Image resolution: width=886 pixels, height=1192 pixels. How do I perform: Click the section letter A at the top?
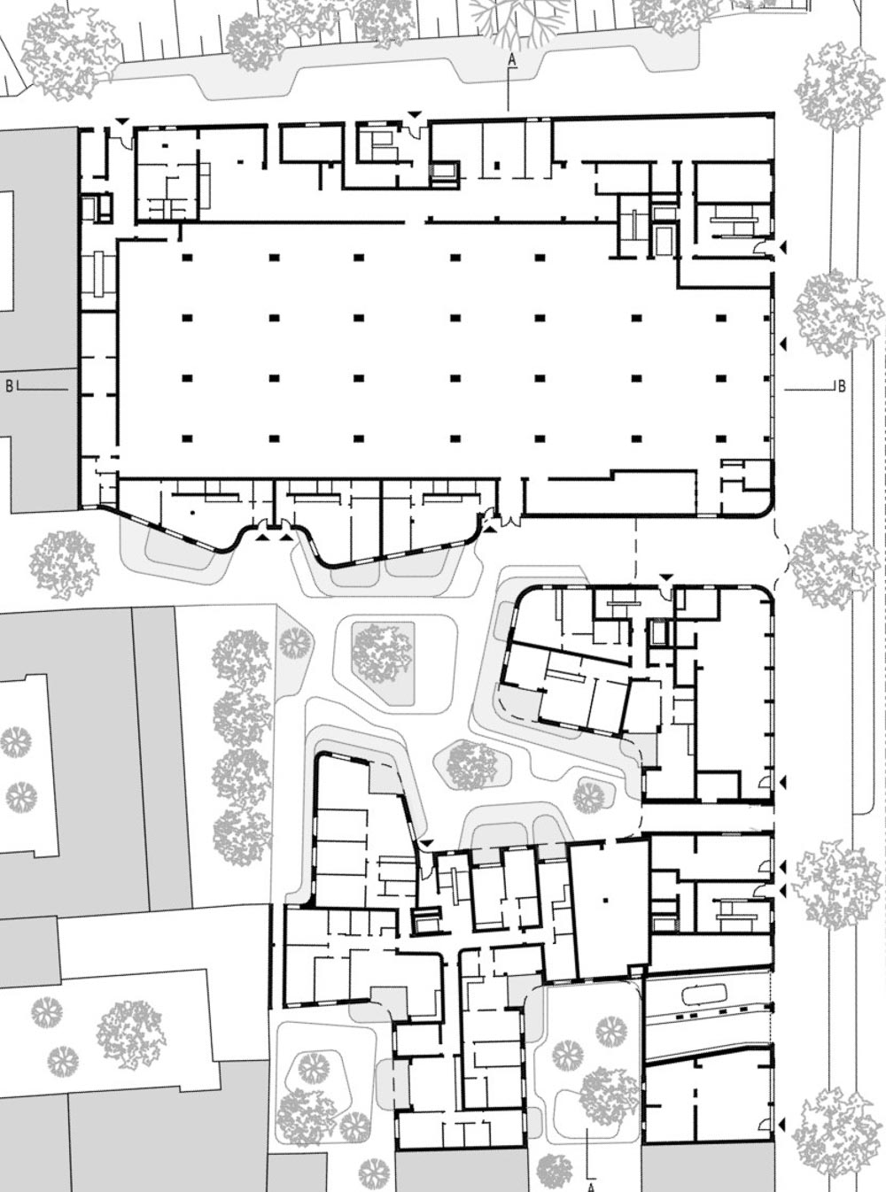pos(512,60)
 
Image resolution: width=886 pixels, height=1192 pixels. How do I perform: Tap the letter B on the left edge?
pos(9,385)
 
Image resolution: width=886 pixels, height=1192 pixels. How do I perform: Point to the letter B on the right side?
pos(842,386)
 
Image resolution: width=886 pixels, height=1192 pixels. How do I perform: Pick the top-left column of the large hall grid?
pos(187,258)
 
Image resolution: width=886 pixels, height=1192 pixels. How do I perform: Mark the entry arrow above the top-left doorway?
pos(123,123)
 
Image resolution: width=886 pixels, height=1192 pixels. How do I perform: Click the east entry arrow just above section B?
pos(783,343)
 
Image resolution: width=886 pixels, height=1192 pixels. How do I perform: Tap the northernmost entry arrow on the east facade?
pos(783,248)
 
